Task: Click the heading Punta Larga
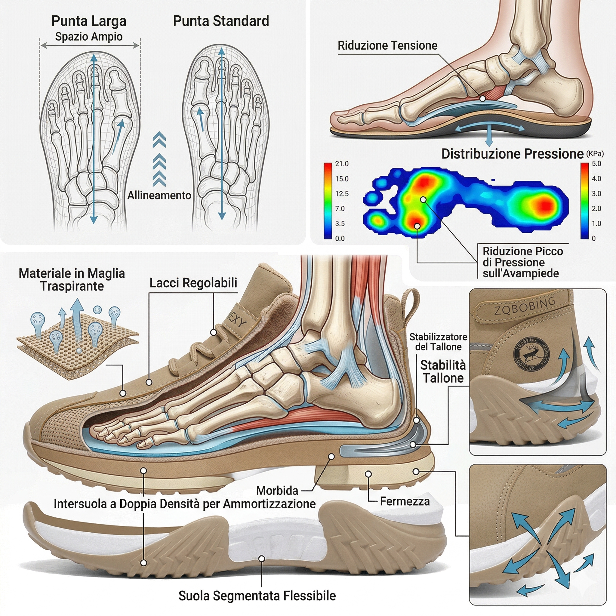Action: (x=89, y=21)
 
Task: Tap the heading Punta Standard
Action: (x=221, y=21)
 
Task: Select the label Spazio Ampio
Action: (x=89, y=37)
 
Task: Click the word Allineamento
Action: (x=159, y=195)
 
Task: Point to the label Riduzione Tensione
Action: (x=387, y=46)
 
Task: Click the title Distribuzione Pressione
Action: (x=512, y=154)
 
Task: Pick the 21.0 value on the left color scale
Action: (x=341, y=164)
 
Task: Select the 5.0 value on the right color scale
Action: (x=596, y=164)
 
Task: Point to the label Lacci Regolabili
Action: (x=193, y=283)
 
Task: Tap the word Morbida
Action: (x=277, y=491)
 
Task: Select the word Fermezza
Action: (x=405, y=501)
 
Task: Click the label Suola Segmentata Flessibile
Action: (x=257, y=596)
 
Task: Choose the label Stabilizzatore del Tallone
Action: (x=438, y=342)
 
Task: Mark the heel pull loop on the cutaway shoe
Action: (x=411, y=303)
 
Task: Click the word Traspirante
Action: (x=72, y=286)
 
